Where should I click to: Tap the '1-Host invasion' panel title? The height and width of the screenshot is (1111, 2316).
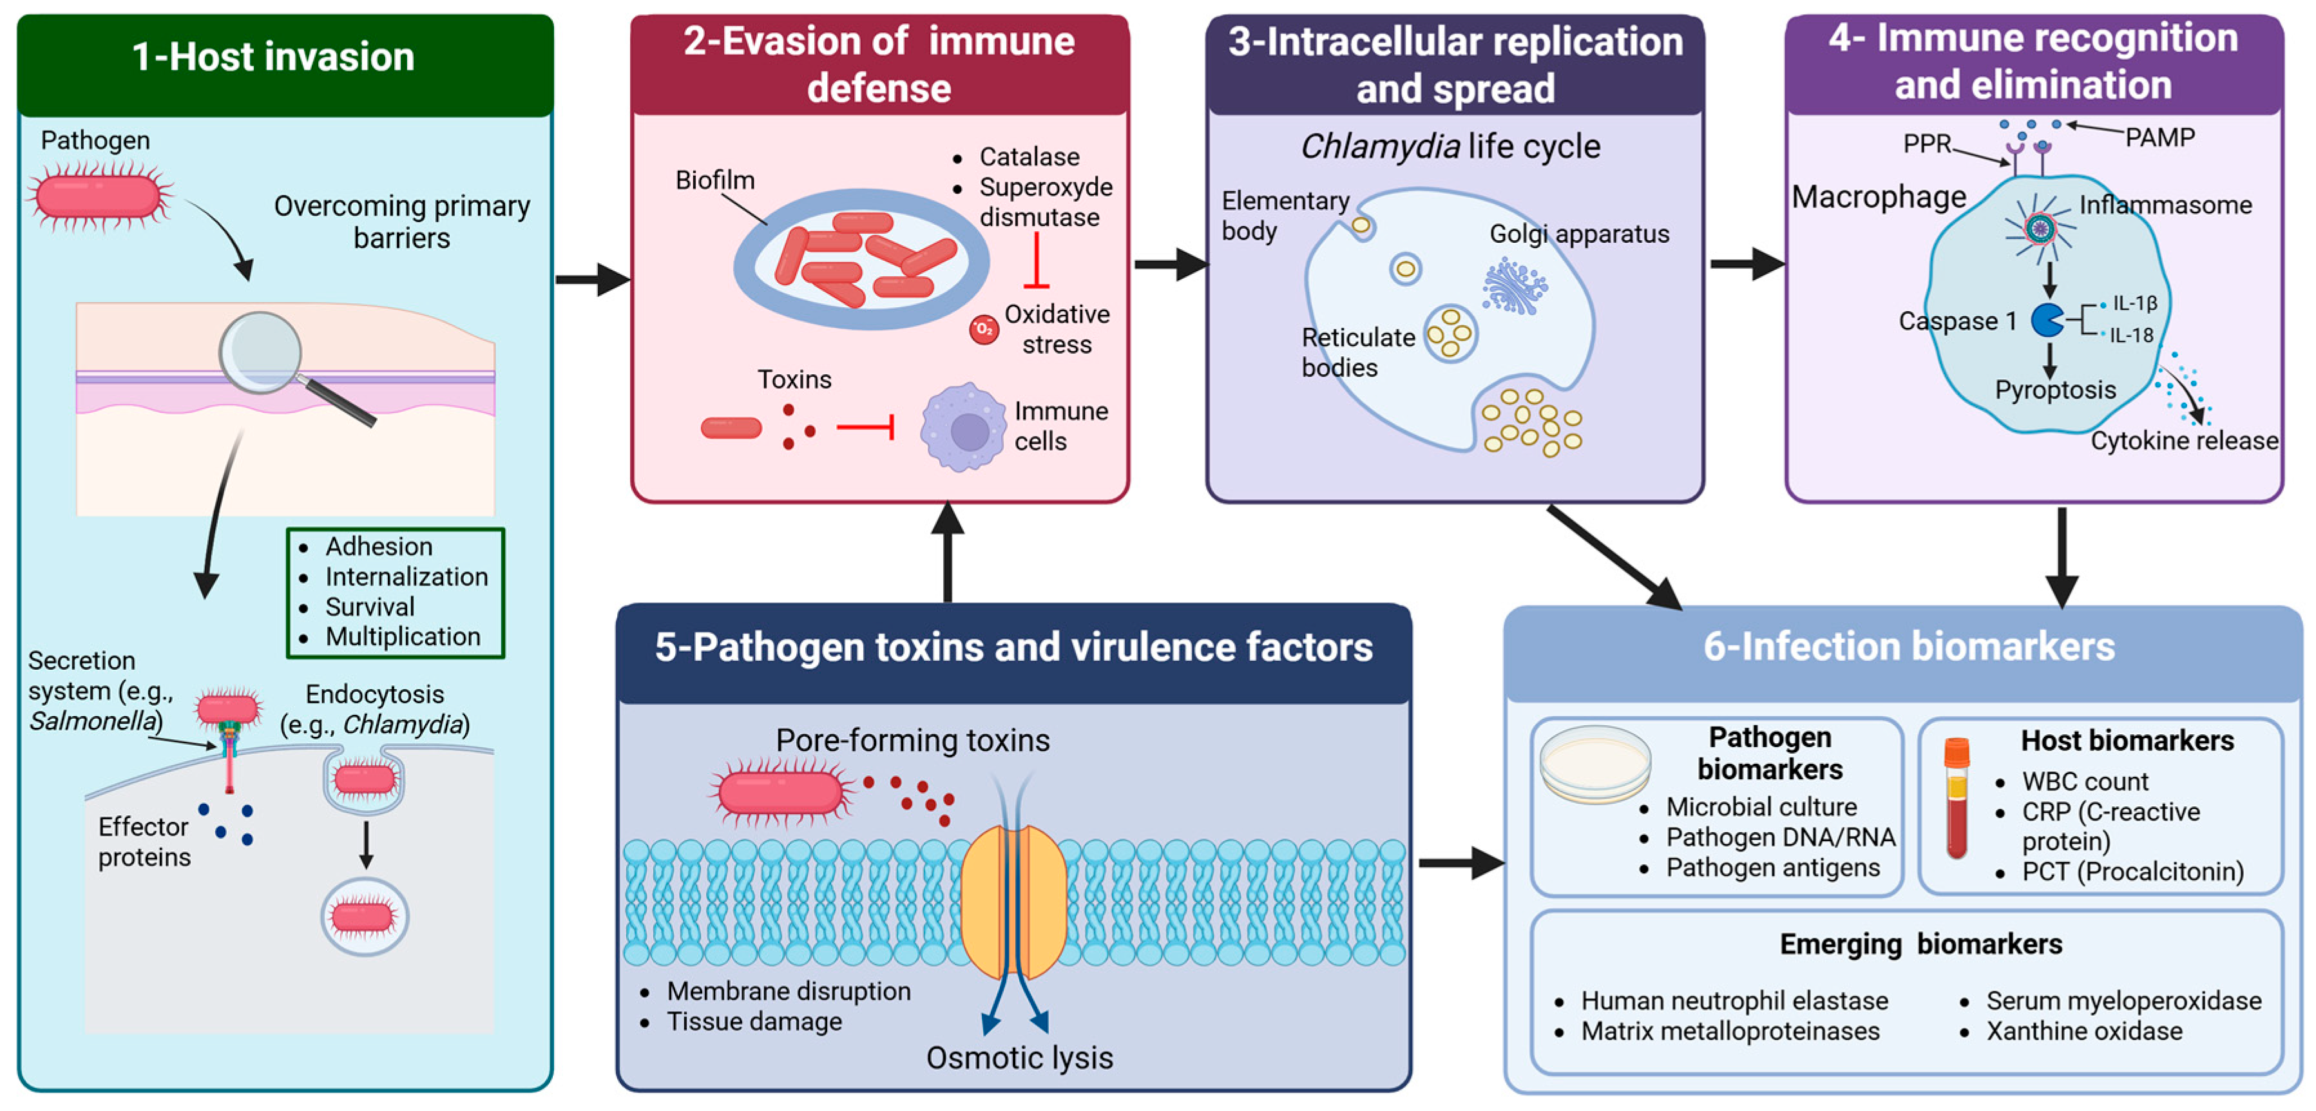pyautogui.click(x=273, y=57)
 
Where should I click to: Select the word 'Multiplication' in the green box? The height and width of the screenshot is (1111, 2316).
pyautogui.click(x=402, y=636)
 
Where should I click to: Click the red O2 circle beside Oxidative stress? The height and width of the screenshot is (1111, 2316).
pyautogui.click(x=984, y=329)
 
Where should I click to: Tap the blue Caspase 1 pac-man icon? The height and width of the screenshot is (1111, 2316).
pyautogui.click(x=2046, y=320)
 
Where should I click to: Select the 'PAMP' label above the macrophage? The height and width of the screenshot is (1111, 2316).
pyautogui.click(x=2159, y=138)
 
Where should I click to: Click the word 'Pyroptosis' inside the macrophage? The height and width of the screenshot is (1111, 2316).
pyautogui.click(x=2054, y=390)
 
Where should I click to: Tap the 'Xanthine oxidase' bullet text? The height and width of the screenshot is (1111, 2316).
pyautogui.click(x=2083, y=1031)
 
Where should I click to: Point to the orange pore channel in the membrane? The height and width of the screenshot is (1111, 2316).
pyautogui.click(x=1013, y=902)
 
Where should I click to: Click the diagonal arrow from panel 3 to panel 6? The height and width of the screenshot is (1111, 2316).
pyautogui.click(x=1613, y=556)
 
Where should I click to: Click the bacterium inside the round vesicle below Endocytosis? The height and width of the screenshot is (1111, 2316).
pyautogui.click(x=364, y=917)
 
